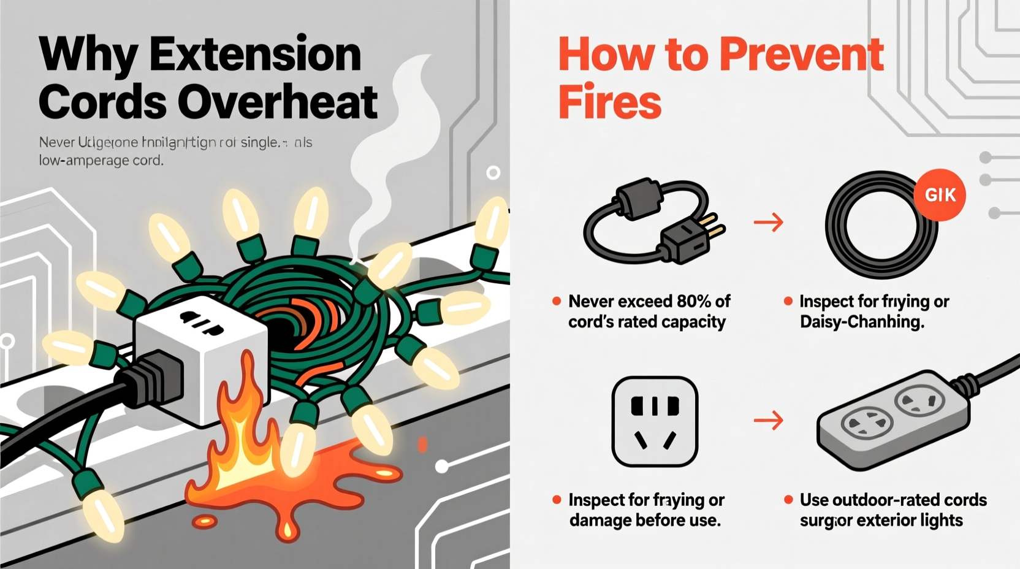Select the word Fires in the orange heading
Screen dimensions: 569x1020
pos(609,102)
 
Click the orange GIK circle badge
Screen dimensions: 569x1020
pos(940,195)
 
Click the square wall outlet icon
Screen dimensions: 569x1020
pos(655,421)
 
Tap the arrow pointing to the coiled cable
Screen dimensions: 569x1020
pos(768,222)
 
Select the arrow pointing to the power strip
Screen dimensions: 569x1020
pos(768,421)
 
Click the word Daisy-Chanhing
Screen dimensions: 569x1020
pos(862,322)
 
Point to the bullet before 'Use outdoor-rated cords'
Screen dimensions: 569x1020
pos(788,500)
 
